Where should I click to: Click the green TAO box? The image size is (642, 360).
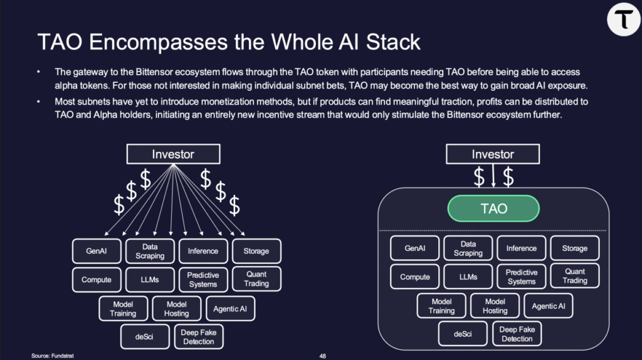pyautogui.click(x=493, y=208)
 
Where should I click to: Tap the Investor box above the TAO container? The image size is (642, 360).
pyautogui.click(x=493, y=154)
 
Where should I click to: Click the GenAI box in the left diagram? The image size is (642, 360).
pyautogui.click(x=97, y=251)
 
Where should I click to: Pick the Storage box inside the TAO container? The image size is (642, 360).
pyautogui.click(x=574, y=248)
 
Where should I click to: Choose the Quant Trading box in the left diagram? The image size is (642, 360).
pyautogui.click(x=256, y=279)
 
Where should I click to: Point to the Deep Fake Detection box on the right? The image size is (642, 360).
pyautogui.click(x=517, y=334)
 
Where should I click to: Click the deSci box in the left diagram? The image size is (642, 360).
pyautogui.click(x=144, y=337)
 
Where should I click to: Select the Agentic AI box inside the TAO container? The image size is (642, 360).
pyautogui.click(x=548, y=306)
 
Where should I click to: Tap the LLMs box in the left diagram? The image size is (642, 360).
pyautogui.click(x=150, y=280)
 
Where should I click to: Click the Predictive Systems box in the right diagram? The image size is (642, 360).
pyautogui.click(x=522, y=277)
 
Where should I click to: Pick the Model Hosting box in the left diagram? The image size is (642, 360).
pyautogui.click(x=177, y=309)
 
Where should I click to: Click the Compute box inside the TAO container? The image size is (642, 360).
pyautogui.click(x=415, y=277)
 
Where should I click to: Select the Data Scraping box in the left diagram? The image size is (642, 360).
pyautogui.click(x=150, y=251)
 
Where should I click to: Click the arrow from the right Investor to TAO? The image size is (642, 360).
pyautogui.click(x=493, y=177)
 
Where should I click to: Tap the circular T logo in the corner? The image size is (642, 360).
pyautogui.click(x=623, y=18)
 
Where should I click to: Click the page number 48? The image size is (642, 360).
pyautogui.click(x=322, y=355)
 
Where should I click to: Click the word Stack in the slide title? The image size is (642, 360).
pyautogui.click(x=387, y=43)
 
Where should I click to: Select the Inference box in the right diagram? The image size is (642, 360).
pyautogui.click(x=522, y=248)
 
